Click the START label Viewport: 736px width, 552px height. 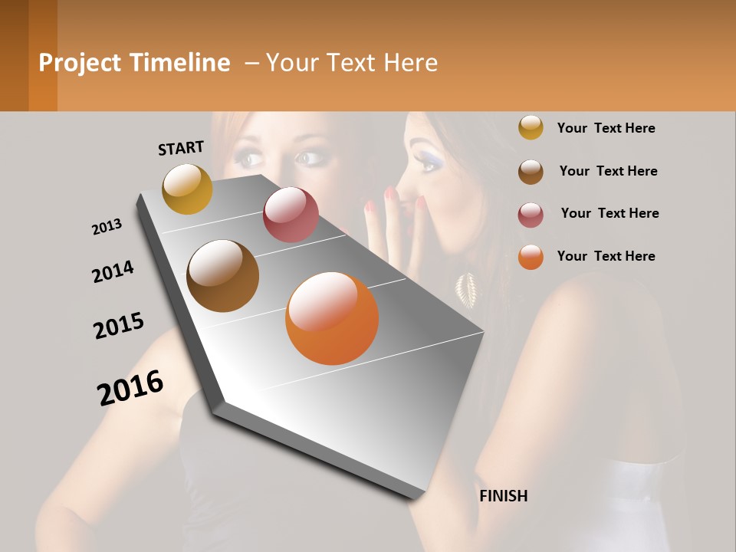tap(181, 148)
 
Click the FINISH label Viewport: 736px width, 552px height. tap(503, 496)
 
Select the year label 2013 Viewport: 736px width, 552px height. tap(107, 227)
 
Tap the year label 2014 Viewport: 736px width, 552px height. tap(113, 271)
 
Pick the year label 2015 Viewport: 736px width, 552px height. tap(119, 326)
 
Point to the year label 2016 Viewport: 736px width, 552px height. tap(130, 388)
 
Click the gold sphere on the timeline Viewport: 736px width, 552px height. tap(187, 189)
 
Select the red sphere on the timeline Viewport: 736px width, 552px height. tap(291, 215)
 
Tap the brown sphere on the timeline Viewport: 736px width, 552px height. tap(222, 276)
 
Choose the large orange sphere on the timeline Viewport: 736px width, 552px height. tap(332, 318)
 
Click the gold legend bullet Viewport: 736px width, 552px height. tap(531, 128)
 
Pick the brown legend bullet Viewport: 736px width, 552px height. tap(531, 172)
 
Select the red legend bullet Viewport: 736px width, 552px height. tap(531, 214)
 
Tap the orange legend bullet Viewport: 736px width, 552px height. tap(531, 257)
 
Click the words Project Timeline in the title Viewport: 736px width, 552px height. tap(134, 63)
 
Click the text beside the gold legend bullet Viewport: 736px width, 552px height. tap(606, 128)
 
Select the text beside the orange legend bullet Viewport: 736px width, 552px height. tap(606, 256)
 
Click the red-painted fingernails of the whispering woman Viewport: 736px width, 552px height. tap(391, 196)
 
